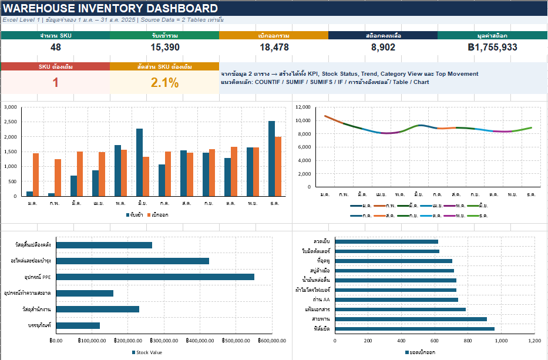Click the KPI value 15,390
click(165, 47)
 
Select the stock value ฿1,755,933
click(492, 47)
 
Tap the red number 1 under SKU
click(56, 82)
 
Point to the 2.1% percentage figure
click(164, 82)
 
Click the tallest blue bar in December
click(271, 159)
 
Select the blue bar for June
click(139, 162)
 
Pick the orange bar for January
click(36, 175)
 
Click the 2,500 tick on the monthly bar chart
click(11, 122)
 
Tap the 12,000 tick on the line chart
click(303, 107)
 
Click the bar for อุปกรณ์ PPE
click(155, 277)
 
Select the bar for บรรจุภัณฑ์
click(78, 325)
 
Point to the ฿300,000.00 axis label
click(164, 341)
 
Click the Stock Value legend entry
click(147, 352)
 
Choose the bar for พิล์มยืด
click(415, 328)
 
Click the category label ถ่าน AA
click(321, 300)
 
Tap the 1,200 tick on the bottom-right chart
click(534, 341)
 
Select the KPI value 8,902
click(383, 47)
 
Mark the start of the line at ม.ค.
click(325, 116)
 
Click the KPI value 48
click(56, 47)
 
